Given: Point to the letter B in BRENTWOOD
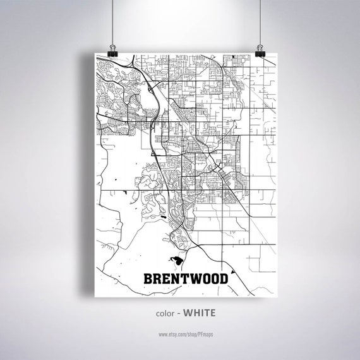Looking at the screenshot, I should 148,278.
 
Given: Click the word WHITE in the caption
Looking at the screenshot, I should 200,313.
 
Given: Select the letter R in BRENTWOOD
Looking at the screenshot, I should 157,278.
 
